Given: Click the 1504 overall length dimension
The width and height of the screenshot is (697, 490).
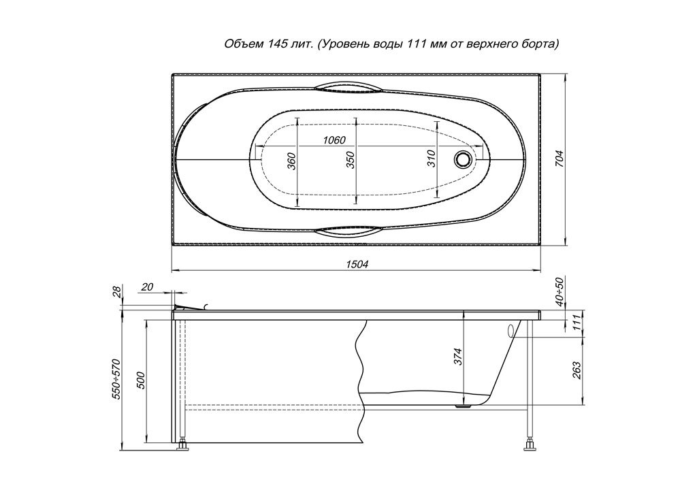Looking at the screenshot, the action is (357, 264).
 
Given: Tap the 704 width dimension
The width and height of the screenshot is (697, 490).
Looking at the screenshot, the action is (560, 159).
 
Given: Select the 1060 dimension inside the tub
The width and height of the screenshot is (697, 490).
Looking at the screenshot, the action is (334, 140).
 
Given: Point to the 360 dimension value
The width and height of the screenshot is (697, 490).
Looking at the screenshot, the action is (291, 161).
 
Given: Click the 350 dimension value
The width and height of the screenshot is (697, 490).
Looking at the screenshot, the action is (351, 160).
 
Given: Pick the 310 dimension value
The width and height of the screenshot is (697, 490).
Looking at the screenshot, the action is (431, 159).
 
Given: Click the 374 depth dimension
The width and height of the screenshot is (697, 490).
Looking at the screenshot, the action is (458, 357).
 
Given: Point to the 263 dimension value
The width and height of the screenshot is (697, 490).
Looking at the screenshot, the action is (576, 370).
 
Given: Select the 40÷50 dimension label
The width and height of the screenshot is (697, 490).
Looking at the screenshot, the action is (560, 291).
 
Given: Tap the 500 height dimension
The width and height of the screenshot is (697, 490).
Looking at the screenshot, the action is (140, 379).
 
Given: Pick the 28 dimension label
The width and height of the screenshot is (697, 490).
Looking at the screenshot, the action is (116, 291).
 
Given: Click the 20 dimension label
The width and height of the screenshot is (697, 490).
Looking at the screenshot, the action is (147, 287).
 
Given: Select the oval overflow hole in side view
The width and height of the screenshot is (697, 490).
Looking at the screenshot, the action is (510, 331).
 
